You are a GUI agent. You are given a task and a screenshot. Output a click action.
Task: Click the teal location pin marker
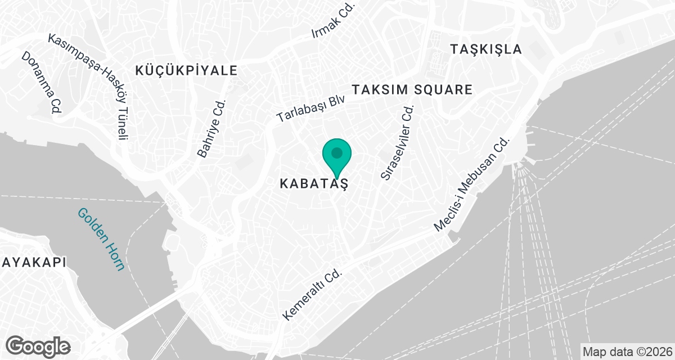tap(336, 155)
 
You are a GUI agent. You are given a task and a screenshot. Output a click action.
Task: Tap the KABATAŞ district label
tap(314, 183)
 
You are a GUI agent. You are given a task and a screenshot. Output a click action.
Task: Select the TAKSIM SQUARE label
tap(412, 89)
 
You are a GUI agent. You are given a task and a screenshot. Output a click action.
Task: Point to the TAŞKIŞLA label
tap(486, 49)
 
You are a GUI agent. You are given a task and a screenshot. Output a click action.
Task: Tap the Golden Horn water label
tap(102, 239)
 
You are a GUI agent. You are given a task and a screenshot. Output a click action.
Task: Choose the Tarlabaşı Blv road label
tap(310, 109)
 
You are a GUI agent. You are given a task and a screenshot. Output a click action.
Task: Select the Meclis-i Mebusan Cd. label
tap(471, 185)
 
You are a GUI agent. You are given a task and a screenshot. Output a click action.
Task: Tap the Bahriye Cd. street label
tap(211, 129)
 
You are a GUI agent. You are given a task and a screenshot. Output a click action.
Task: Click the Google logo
tap(38, 346)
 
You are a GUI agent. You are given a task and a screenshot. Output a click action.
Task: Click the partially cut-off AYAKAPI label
tap(33, 262)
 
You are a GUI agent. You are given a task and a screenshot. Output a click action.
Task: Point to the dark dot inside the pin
tap(336, 152)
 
